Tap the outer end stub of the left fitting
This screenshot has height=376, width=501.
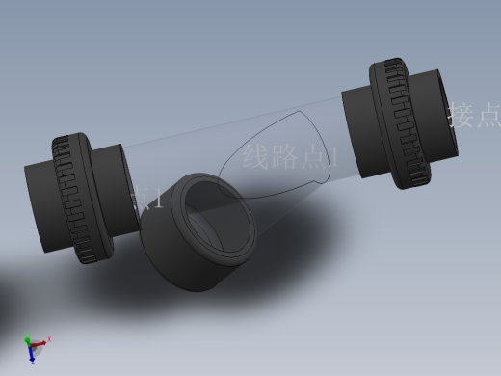click(41, 208)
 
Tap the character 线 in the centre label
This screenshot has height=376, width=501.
click(256, 156)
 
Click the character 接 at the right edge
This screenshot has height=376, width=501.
click(462, 116)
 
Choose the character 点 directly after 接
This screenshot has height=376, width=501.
click(489, 116)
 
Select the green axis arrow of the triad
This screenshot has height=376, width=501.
click(28, 341)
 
